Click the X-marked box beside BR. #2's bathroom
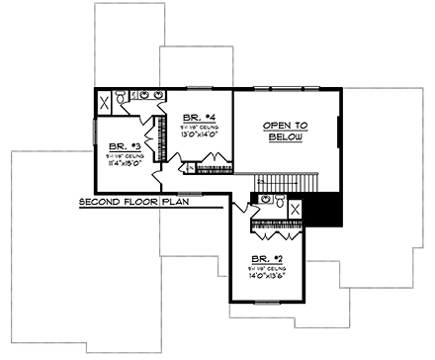tap(295, 208)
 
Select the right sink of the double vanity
tap(158, 96)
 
